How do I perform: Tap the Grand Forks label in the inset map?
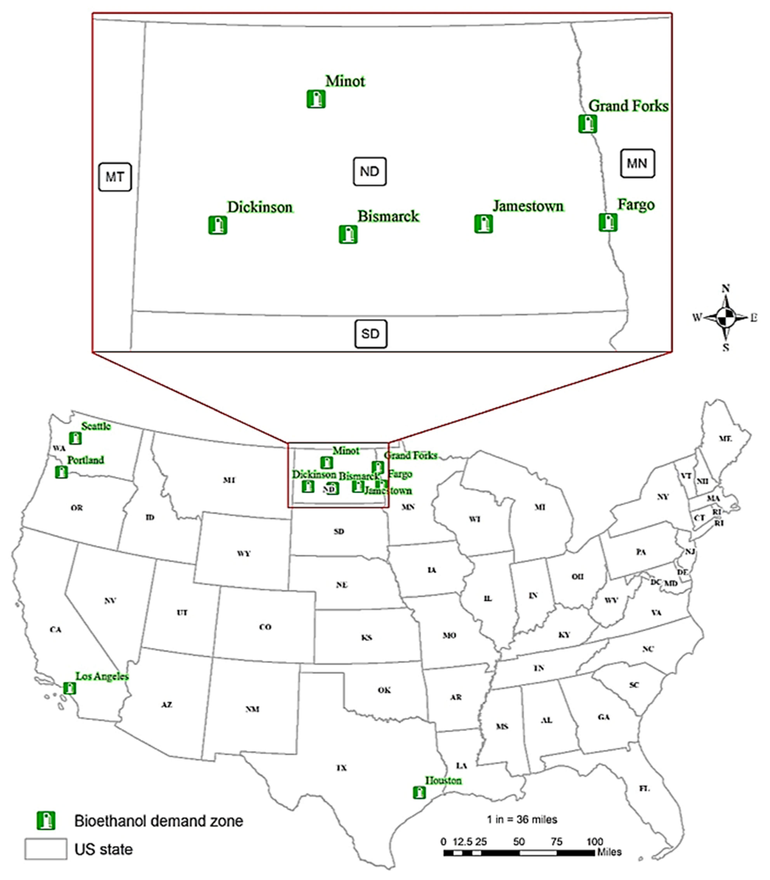pyautogui.click(x=628, y=106)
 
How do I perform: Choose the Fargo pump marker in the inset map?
pyautogui.click(x=608, y=222)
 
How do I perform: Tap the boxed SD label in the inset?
pyautogui.click(x=370, y=334)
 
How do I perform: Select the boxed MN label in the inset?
pyautogui.click(x=637, y=163)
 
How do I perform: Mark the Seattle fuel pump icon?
pyautogui.click(x=76, y=438)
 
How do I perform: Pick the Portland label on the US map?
pyautogui.click(x=85, y=460)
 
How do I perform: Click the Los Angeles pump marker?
pyautogui.click(x=70, y=688)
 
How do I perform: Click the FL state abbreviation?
pyautogui.click(x=644, y=789)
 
